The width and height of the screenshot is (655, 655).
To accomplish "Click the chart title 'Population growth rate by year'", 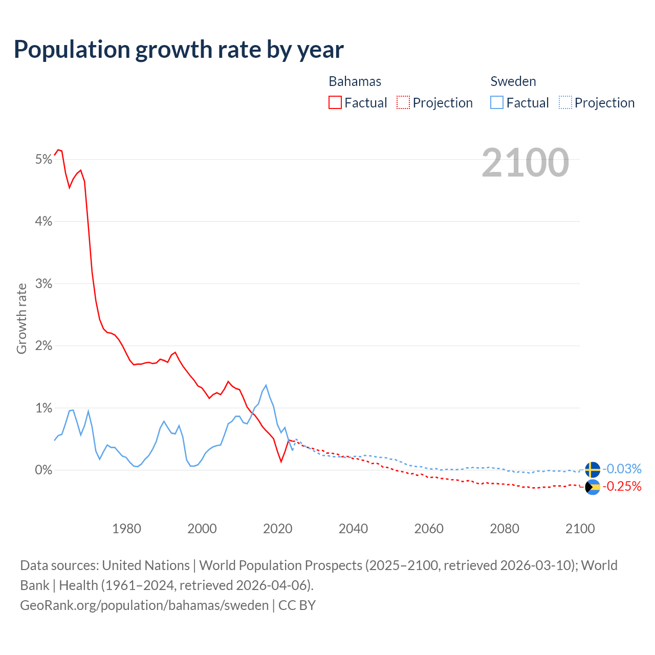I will [179, 50].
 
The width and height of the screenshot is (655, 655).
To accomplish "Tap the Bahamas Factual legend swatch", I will [335, 102].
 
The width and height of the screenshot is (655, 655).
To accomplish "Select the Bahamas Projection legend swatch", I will [403, 102].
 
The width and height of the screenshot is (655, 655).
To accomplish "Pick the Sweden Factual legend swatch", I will [496, 102].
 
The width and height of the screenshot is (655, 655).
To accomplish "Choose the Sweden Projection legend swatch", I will [565, 102].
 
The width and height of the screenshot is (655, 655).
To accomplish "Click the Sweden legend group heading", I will [513, 81].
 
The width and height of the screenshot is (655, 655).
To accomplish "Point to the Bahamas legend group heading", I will [355, 81].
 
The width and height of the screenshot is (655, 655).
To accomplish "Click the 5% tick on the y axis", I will [43, 160].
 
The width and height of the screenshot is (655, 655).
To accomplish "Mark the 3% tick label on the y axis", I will [43, 284].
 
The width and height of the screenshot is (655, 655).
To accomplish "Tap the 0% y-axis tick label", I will [43, 470].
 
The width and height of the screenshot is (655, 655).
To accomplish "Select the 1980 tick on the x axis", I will [126, 529].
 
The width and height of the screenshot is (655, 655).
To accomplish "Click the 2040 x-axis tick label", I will [353, 529].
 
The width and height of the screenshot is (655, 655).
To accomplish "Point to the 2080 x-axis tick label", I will [505, 529].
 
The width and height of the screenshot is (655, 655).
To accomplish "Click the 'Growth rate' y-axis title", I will [21, 318].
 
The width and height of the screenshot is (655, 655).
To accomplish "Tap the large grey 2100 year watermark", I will [525, 163].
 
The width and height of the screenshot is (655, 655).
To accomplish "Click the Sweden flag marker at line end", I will [593, 469].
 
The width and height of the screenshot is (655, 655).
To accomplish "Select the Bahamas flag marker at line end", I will [593, 487].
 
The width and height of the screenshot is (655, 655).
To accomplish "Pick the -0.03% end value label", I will [622, 469].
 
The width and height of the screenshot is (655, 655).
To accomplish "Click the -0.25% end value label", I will [622, 486].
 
